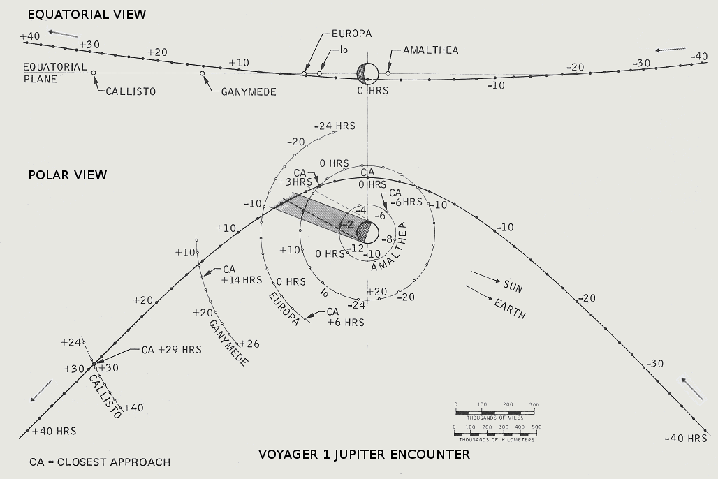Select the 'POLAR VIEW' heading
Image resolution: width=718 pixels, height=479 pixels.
[x=68, y=175]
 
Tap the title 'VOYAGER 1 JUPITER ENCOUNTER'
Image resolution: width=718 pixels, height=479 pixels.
[x=364, y=455]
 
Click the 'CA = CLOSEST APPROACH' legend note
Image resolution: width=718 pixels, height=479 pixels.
[x=100, y=462]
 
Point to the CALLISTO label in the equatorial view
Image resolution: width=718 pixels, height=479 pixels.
[x=130, y=91]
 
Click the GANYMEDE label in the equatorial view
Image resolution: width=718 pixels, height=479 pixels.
[x=249, y=91]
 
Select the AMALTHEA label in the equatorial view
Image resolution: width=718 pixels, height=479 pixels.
[x=431, y=50]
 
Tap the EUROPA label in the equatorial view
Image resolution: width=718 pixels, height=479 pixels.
[x=351, y=33]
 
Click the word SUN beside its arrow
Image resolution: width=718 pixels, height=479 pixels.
[x=513, y=287]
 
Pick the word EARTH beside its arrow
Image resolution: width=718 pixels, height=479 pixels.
[x=509, y=309]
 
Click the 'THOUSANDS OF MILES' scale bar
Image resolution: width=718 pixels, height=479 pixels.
[x=495, y=408]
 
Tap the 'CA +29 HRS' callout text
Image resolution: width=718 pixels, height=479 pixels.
[x=171, y=350]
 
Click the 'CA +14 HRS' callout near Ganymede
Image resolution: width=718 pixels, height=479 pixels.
[x=242, y=274]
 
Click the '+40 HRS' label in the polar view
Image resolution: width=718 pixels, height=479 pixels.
[x=54, y=431]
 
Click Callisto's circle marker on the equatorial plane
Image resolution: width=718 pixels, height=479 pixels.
[x=94, y=73]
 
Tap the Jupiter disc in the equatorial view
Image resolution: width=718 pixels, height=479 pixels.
[x=368, y=72]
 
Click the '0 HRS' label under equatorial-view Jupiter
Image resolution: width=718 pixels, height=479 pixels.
[x=373, y=91]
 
